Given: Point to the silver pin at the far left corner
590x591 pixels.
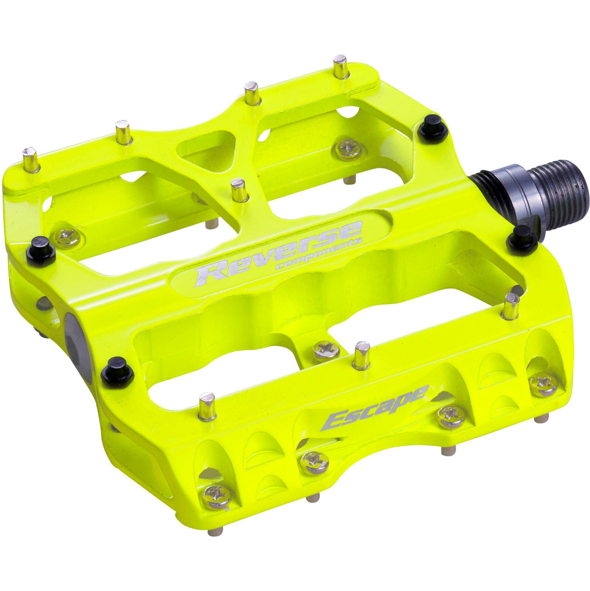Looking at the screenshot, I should pos(31,159).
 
